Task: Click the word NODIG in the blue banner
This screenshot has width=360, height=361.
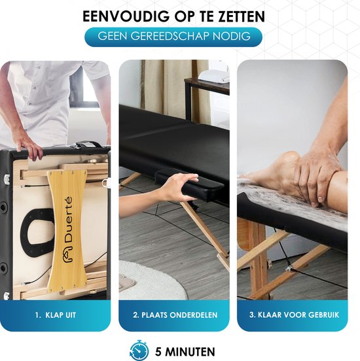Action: point(228,36)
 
